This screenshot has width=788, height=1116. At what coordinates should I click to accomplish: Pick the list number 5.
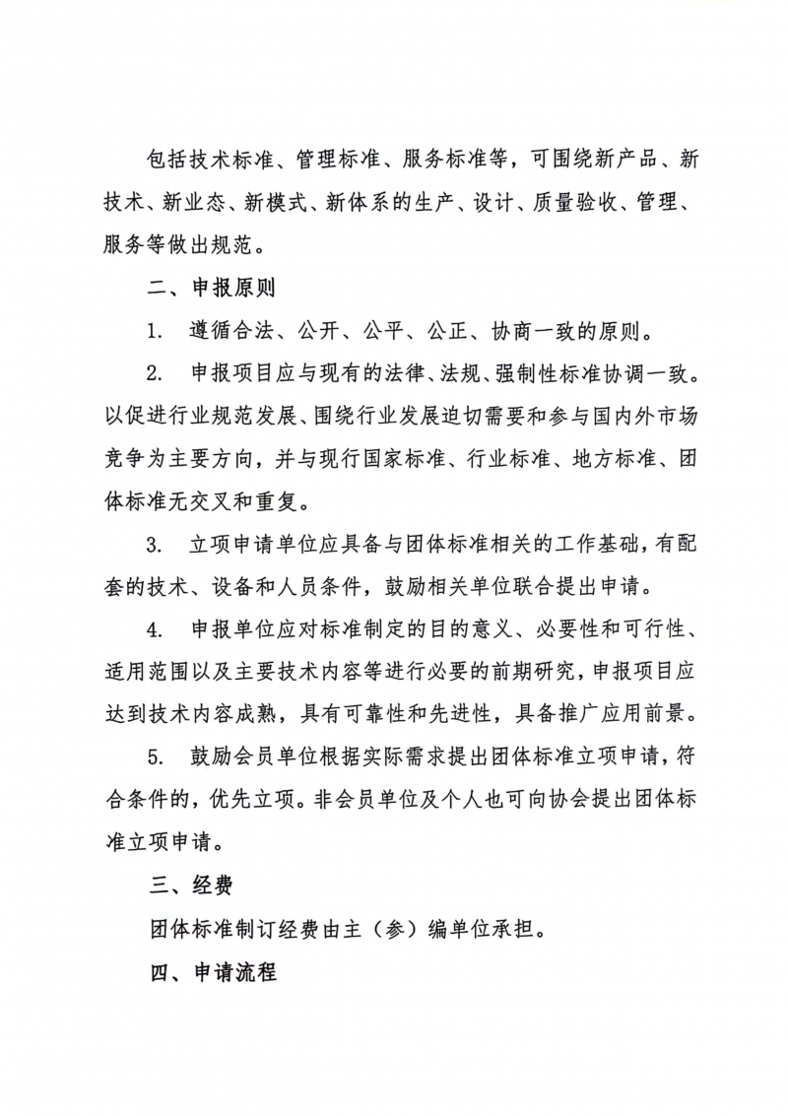[156, 756]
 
